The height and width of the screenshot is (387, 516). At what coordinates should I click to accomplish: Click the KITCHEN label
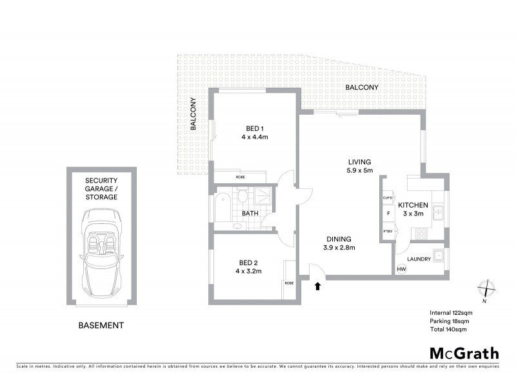413,204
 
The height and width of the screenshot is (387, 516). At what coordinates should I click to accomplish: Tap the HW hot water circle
401,269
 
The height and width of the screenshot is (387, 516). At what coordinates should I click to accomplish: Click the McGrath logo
464,353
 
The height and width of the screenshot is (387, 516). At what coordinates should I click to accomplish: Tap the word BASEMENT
101,326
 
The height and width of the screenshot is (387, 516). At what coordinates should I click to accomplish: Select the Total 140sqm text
448,329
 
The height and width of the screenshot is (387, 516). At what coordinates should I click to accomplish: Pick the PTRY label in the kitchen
388,232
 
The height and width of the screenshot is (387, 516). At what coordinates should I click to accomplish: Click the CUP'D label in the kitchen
388,198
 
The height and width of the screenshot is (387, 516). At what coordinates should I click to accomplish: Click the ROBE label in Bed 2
288,283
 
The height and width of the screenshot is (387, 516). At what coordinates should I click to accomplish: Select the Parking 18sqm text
448,321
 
